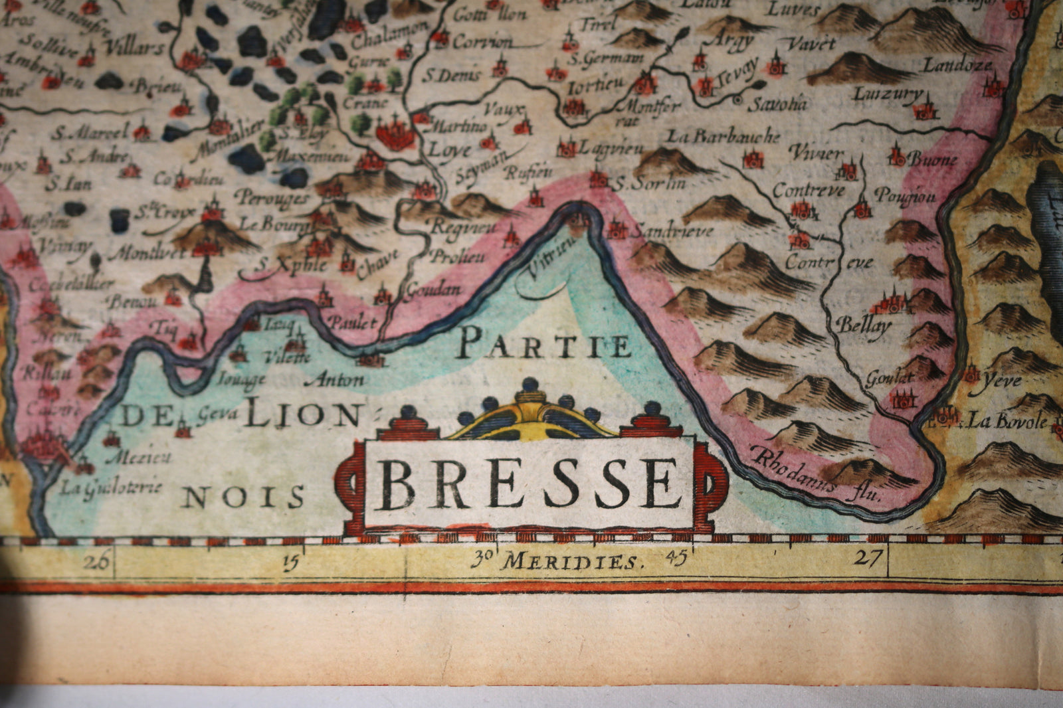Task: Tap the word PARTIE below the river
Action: (x=543, y=345)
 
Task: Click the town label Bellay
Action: (x=863, y=325)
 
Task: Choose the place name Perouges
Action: (x=272, y=198)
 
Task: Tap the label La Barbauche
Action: (x=723, y=137)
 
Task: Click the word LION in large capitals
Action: (x=302, y=416)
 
